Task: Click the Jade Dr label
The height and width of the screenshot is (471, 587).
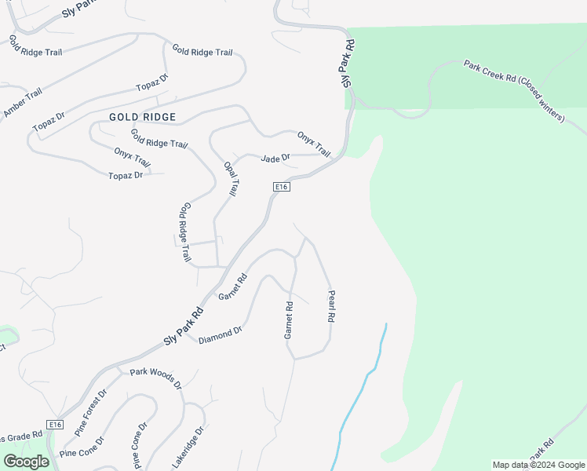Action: pyautogui.click(x=275, y=158)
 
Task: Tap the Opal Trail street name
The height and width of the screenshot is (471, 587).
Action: pyautogui.click(x=232, y=178)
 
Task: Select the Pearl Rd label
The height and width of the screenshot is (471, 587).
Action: pyautogui.click(x=331, y=306)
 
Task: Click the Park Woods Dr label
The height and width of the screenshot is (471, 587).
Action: pyautogui.click(x=155, y=378)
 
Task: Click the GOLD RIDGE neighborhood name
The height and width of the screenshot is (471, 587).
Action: pyautogui.click(x=142, y=117)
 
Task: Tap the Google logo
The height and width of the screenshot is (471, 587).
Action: pyautogui.click(x=26, y=462)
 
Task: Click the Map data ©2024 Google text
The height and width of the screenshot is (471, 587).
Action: pyautogui.click(x=538, y=465)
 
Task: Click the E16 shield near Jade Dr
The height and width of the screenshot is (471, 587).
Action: pyautogui.click(x=283, y=186)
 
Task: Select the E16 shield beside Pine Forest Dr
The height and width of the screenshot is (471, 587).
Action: pyautogui.click(x=54, y=425)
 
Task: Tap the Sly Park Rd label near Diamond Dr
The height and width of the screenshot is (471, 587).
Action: pyautogui.click(x=184, y=325)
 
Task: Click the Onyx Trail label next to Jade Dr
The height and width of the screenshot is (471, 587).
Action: pyautogui.click(x=314, y=144)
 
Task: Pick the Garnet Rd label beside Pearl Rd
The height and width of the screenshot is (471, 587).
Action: pyautogui.click(x=289, y=320)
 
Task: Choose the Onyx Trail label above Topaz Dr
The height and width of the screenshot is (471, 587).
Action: pyautogui.click(x=132, y=156)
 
